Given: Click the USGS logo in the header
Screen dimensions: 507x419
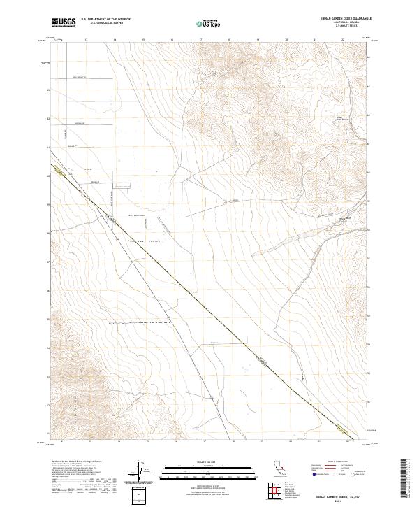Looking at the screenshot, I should [64, 22].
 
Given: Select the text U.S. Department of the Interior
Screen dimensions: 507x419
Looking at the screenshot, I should [105, 20].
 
